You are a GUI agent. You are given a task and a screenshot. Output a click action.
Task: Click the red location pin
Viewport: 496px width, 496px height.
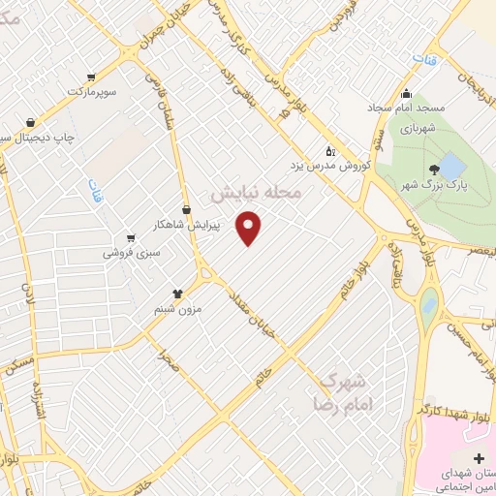[x=250, y=227]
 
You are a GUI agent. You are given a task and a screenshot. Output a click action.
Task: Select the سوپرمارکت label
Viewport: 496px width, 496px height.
[x=91, y=91]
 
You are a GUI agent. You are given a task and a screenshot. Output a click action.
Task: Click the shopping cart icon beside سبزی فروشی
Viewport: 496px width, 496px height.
[x=130, y=238]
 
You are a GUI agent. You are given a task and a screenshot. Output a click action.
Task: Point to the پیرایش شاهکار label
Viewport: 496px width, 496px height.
[x=190, y=225]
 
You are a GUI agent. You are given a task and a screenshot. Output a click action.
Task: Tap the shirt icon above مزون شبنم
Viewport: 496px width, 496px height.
[x=177, y=293]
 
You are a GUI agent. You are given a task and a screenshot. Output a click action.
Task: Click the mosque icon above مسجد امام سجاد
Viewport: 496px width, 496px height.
[x=406, y=94]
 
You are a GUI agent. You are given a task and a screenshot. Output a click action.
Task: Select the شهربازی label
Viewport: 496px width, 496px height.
[x=420, y=127]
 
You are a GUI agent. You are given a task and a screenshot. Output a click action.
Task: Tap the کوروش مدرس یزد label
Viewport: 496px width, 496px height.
[x=340, y=165]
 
